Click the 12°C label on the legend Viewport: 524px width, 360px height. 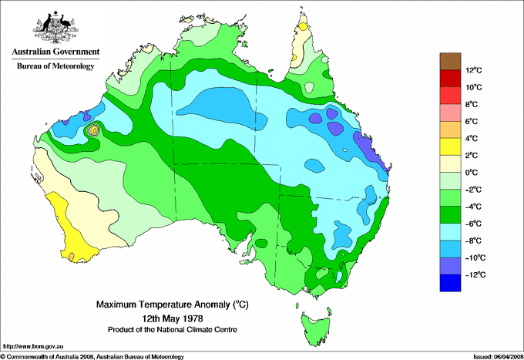tap(473, 71)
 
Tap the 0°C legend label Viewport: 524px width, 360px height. tap(473, 173)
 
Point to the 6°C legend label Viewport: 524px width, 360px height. tap(473, 122)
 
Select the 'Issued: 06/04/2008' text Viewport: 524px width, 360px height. tap(489, 356)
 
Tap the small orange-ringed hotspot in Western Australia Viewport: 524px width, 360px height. tap(94, 130)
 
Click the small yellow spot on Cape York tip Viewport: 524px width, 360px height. tap(303, 25)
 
